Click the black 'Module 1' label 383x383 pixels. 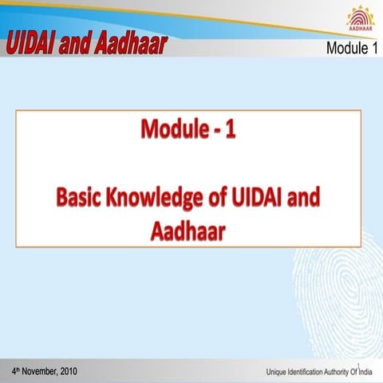click(x=351, y=49)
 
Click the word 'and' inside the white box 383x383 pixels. click(x=315, y=200)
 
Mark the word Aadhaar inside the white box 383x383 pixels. click(x=188, y=232)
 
